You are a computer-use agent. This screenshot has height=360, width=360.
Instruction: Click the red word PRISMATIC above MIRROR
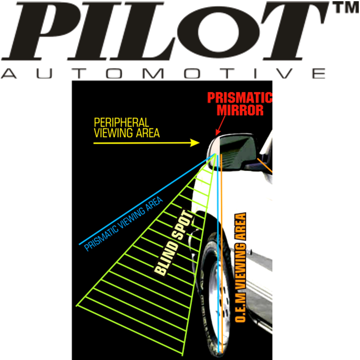239,98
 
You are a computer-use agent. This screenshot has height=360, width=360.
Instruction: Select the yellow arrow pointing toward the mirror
146,142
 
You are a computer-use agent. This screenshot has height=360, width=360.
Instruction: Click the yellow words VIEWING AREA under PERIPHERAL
126,133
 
